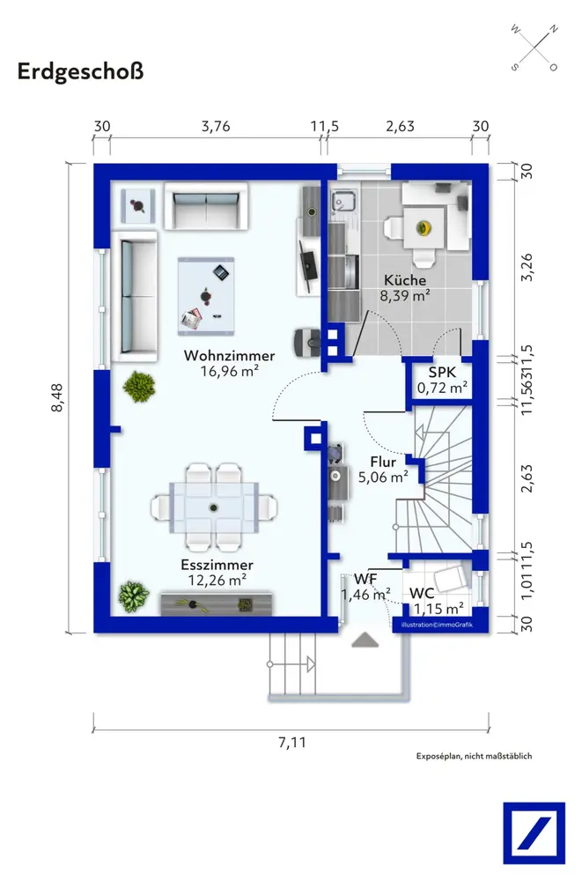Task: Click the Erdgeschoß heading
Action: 80,72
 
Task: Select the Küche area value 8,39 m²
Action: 405,295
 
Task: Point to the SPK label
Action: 442,372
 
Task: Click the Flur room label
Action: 383,462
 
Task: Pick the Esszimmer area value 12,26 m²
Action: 217,580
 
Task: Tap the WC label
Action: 422,593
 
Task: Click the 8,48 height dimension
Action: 57,398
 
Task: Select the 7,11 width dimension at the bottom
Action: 292,742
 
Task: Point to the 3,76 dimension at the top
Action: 216,126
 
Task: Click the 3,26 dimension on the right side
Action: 527,268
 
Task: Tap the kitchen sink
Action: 343,200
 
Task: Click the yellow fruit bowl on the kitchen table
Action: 424,227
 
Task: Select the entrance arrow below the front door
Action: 365,640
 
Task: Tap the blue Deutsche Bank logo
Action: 534,833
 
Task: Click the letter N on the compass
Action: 553,30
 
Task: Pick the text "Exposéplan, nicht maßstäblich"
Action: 474,756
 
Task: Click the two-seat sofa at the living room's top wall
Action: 206,206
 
